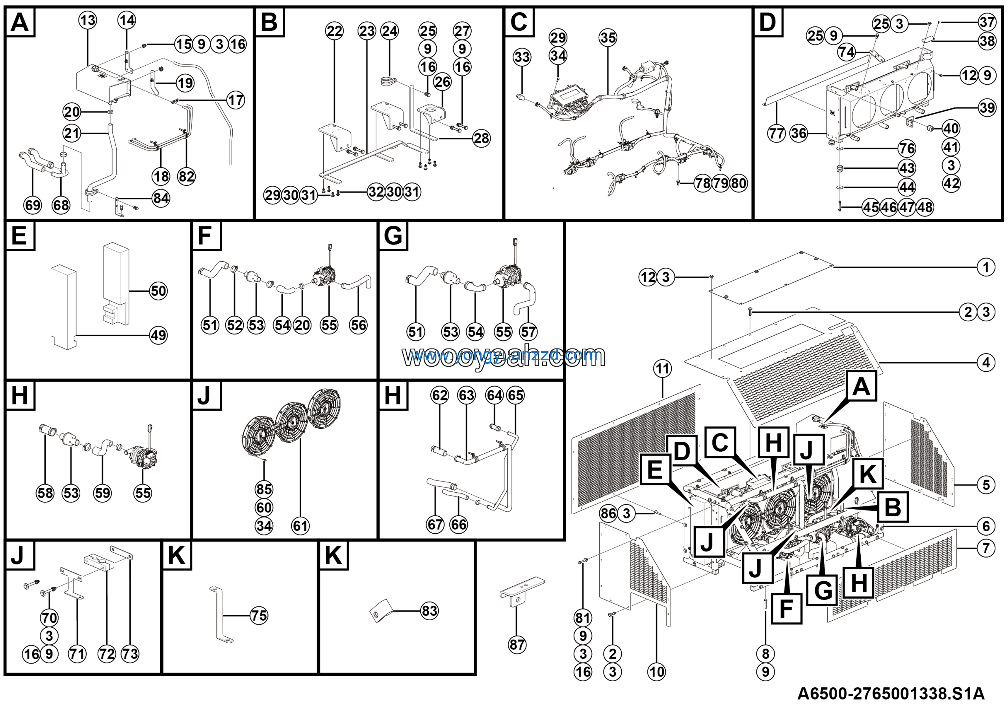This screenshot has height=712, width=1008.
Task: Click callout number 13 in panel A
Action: point(88,20)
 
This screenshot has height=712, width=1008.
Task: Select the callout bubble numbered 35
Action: point(608,38)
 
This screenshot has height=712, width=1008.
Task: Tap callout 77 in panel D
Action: point(776,133)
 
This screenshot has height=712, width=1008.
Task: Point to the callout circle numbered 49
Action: point(159,336)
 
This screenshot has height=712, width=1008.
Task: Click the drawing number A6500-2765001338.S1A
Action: point(890,694)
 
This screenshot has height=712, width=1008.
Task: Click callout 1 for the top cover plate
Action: point(986,267)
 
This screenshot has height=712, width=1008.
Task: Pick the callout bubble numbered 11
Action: point(663,368)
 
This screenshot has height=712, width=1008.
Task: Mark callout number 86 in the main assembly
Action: point(608,513)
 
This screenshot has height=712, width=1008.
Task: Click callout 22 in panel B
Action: point(335,31)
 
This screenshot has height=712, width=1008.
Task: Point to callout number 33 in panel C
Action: point(522,57)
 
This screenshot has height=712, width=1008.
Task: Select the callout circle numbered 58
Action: point(45,493)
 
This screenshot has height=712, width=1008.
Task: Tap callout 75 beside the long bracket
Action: point(259,616)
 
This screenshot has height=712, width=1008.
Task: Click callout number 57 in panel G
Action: point(528,332)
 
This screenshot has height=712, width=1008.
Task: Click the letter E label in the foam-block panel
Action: point(19,236)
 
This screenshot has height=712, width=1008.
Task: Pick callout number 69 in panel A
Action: point(33,205)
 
